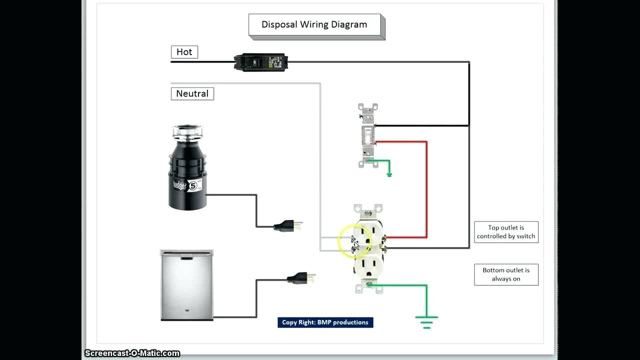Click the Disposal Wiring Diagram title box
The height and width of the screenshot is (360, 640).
(316, 26)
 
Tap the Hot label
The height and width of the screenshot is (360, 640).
(184, 52)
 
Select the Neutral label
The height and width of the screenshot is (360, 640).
(192, 93)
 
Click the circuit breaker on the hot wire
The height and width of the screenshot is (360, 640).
(260, 62)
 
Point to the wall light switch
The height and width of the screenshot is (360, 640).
(368, 135)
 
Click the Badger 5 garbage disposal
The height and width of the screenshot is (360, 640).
(187, 167)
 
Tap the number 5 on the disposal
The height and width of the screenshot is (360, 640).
(193, 186)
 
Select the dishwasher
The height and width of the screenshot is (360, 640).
(187, 285)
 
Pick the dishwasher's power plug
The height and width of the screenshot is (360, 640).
(301, 277)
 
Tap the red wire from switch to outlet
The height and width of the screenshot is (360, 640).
(427, 189)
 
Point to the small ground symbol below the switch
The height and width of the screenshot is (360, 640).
(389, 174)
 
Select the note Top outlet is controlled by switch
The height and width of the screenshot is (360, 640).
(506, 232)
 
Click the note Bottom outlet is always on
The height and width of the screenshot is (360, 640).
(506, 274)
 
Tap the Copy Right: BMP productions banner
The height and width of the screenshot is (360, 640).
(325, 322)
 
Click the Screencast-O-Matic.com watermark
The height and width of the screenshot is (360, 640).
(132, 353)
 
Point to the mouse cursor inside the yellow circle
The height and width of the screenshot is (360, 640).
(355, 243)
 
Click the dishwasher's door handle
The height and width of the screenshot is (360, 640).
(186, 258)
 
